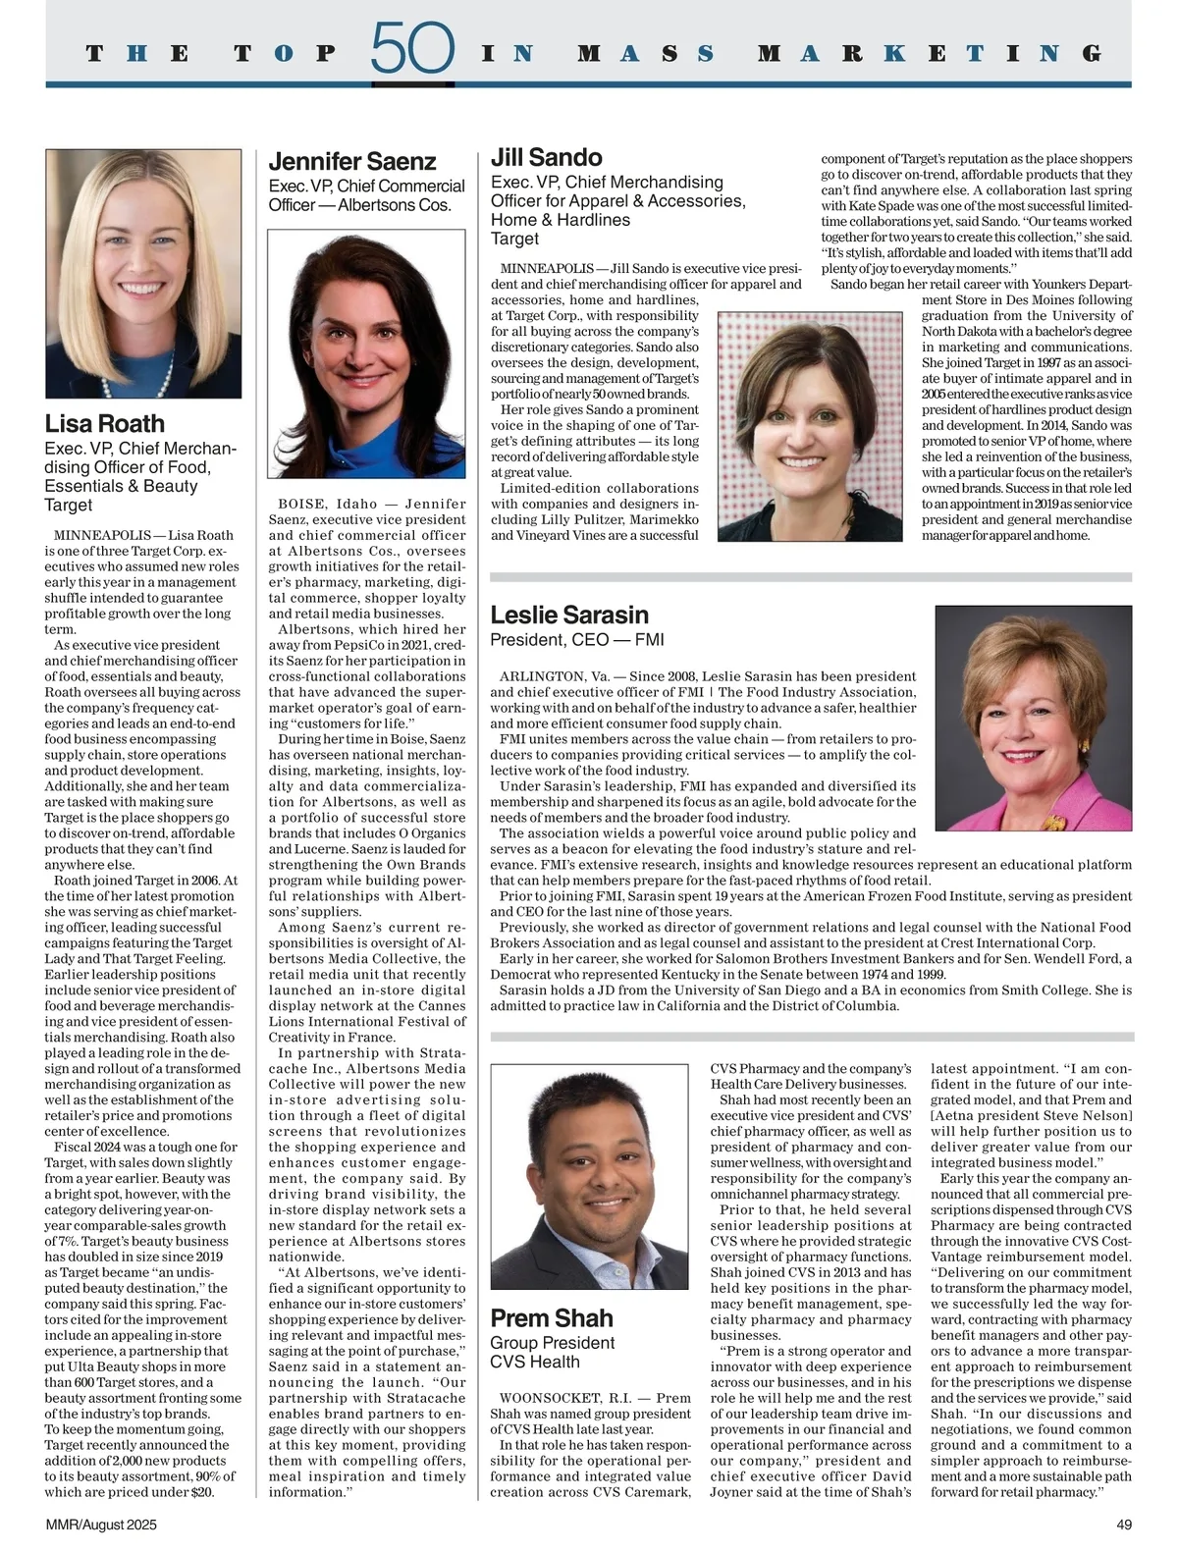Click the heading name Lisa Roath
[105, 424]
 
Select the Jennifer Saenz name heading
[352, 162]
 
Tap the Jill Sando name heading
[547, 157]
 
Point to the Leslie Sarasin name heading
[569, 616]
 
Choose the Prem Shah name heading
[552, 1318]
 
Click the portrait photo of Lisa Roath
[143, 274]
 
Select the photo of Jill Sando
[810, 426]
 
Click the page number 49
[1124, 1526]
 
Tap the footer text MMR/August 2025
[101, 1526]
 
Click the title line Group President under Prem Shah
[553, 1343]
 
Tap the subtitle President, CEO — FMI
[577, 640]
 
